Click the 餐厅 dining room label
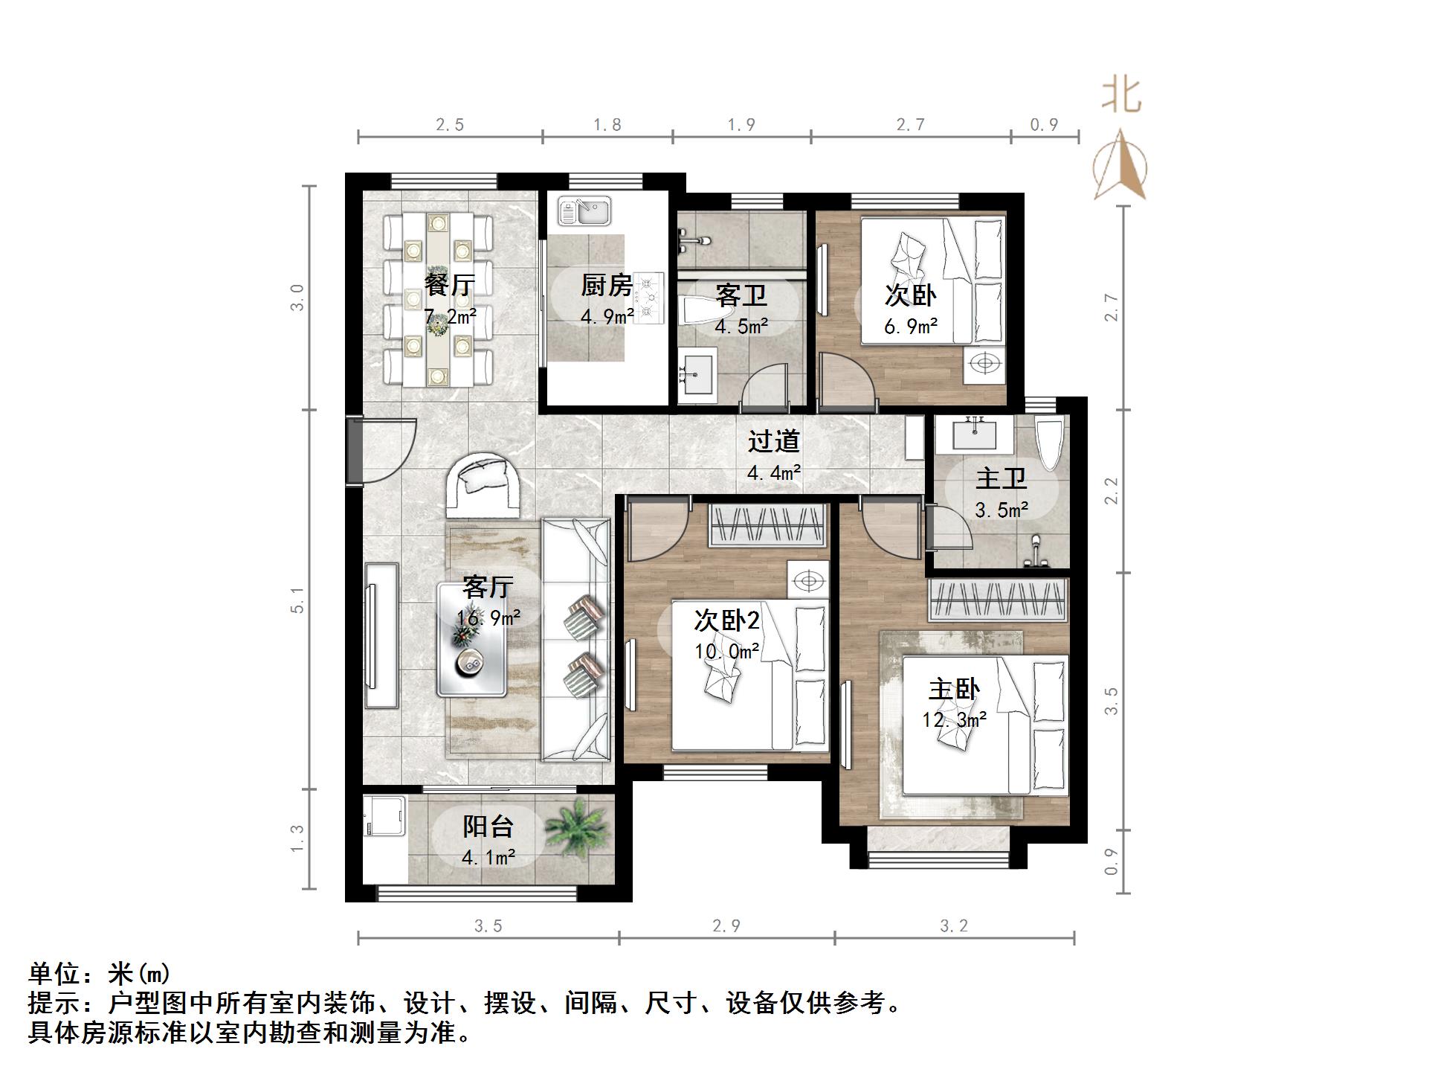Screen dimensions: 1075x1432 [x=450, y=285]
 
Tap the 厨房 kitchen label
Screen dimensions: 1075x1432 [x=606, y=285]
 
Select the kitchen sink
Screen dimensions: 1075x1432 [x=584, y=211]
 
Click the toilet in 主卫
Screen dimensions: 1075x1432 [x=1050, y=445]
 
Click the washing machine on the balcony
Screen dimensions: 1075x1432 [x=384, y=827]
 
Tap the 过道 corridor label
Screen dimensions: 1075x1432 [x=773, y=441]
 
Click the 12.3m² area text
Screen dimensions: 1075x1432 [x=954, y=720]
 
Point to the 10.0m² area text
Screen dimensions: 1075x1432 [x=726, y=652]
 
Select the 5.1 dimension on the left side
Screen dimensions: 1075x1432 [x=297, y=600]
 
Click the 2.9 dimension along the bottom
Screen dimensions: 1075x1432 [x=726, y=926]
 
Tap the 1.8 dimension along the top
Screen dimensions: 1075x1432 [x=607, y=125]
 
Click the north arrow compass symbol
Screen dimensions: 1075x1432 [x=1120, y=167]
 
